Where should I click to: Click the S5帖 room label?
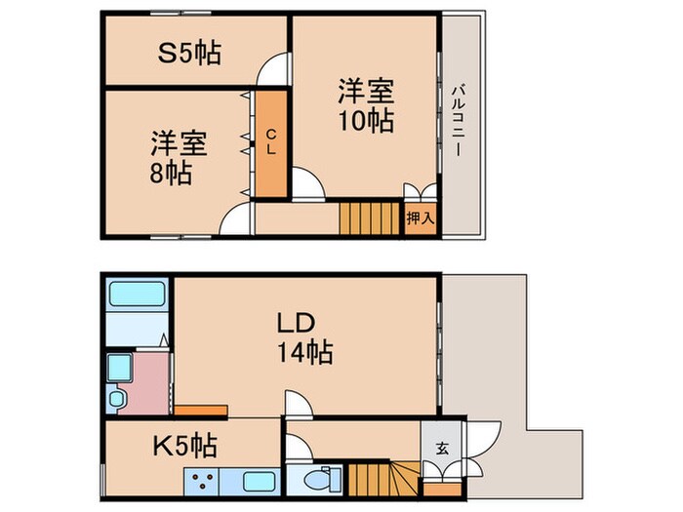189,53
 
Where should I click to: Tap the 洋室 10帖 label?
366,106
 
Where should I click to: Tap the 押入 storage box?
420,218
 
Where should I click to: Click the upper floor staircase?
370,217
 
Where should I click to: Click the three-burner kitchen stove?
204,482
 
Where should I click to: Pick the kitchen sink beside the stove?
258,482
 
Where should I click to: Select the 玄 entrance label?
441,449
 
